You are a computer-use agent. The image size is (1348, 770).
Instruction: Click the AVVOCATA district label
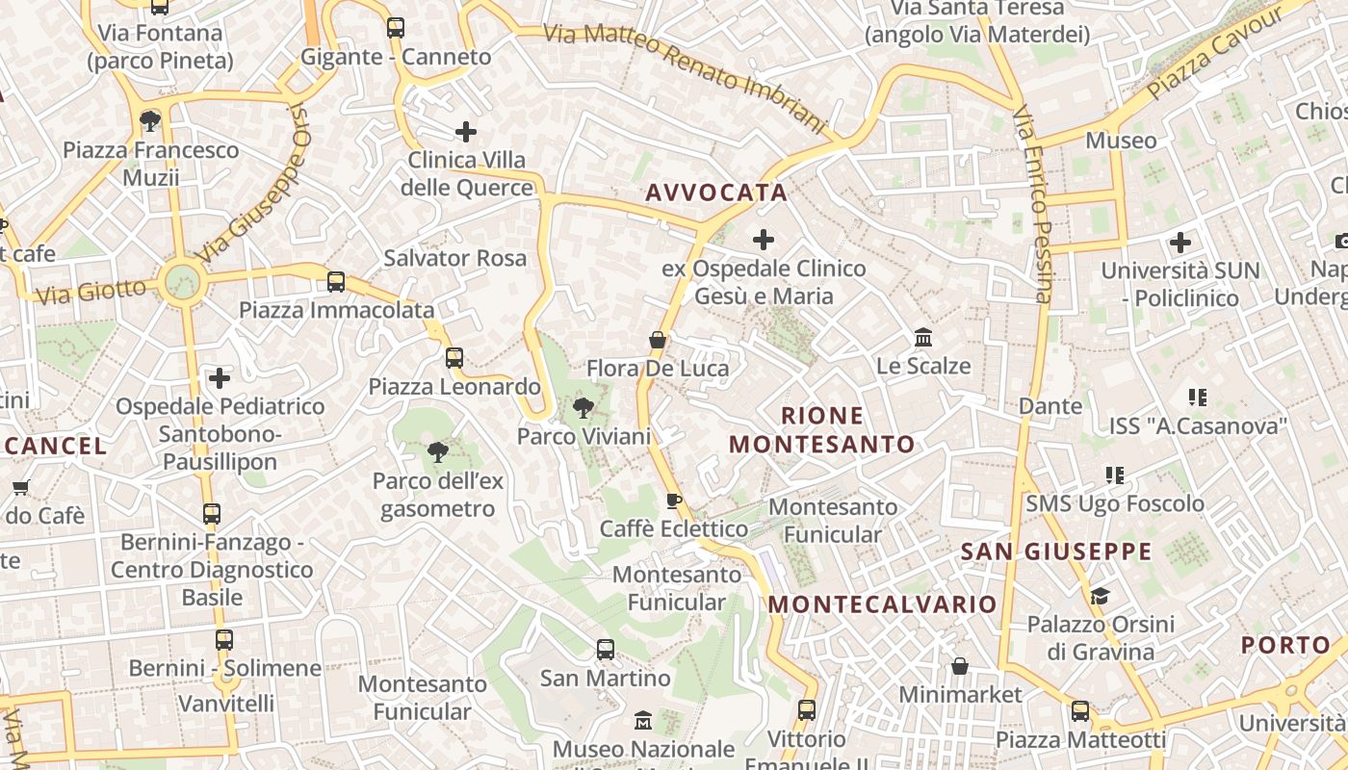pyautogui.click(x=716, y=192)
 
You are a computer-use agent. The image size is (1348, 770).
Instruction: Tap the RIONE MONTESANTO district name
pyautogui.click(x=821, y=430)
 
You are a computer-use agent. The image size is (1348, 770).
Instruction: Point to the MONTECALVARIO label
pyautogui.click(x=883, y=604)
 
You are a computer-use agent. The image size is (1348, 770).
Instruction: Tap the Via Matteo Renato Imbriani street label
pyautogui.click(x=686, y=77)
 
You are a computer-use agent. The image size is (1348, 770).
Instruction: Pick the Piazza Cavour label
pyautogui.click(x=1216, y=52)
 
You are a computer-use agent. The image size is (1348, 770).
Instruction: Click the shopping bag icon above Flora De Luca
pyautogui.click(x=658, y=340)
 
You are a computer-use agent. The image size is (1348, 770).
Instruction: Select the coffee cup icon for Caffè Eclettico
pyautogui.click(x=674, y=500)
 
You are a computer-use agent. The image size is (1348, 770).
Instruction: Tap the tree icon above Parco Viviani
pyautogui.click(x=583, y=408)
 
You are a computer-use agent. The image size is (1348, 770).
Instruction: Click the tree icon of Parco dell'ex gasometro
pyautogui.click(x=438, y=451)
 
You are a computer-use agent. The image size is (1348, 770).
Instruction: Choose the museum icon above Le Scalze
pyautogui.click(x=923, y=338)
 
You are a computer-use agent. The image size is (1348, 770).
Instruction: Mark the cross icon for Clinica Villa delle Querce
pyautogui.click(x=466, y=131)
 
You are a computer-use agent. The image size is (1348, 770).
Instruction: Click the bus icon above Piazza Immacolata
pyautogui.click(x=336, y=282)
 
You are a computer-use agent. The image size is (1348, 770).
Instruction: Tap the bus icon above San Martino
pyautogui.click(x=605, y=650)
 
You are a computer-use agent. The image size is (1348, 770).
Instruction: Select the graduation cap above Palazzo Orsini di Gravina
pyautogui.click(x=1100, y=596)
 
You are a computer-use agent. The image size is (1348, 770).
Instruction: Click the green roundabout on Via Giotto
pyautogui.click(x=181, y=282)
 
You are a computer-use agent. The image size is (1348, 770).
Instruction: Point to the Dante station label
pyautogui.click(x=1050, y=406)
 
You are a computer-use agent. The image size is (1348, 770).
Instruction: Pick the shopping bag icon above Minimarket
pyautogui.click(x=960, y=666)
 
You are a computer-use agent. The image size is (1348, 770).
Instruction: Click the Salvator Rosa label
pyautogui.click(x=454, y=258)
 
